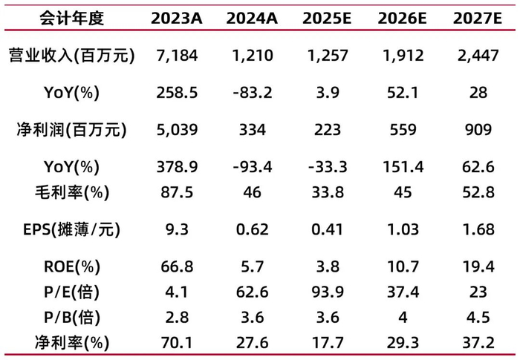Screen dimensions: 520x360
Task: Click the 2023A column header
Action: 177,19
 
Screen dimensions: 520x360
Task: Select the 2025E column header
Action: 327,19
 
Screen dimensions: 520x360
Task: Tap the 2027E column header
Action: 478,19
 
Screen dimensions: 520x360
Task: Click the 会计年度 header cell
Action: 71,19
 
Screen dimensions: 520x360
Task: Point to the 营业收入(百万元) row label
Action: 71,56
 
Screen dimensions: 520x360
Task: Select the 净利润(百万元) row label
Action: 71,130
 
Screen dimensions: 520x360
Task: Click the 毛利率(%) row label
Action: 71,192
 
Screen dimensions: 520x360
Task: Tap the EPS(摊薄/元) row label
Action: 71,229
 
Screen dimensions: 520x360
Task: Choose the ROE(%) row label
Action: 71,266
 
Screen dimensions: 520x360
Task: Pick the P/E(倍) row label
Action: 71,292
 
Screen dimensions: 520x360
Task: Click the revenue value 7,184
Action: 177,56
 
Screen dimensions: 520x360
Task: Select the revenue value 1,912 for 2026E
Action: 403,56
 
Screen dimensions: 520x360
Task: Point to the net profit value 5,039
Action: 177,130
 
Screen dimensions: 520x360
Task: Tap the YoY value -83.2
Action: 253,93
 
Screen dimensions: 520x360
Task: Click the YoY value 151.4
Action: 403,167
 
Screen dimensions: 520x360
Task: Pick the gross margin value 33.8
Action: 328,192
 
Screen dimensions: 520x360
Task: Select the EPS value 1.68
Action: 478,229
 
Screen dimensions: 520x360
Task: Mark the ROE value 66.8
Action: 177,266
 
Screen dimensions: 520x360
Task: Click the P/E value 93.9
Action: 328,292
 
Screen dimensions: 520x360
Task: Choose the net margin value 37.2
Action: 478,343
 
